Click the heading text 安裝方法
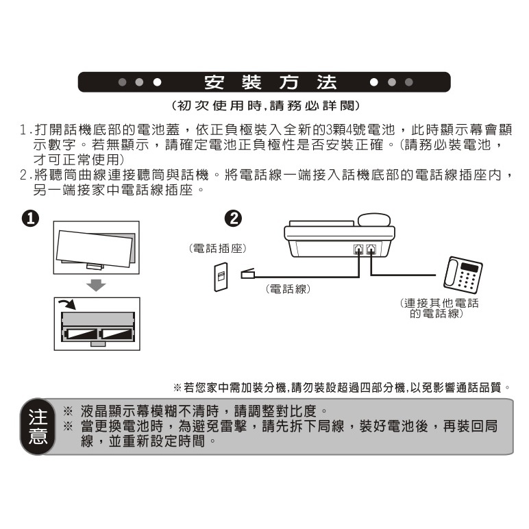click(x=270, y=82)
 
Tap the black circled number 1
click(x=30, y=219)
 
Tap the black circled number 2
click(x=233, y=219)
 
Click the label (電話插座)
click(x=218, y=249)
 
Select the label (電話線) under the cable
click(x=288, y=289)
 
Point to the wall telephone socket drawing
click(x=221, y=277)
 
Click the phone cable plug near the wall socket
click(x=247, y=273)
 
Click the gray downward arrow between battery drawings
click(x=96, y=285)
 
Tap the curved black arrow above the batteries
click(x=67, y=304)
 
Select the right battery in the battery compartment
click(x=116, y=334)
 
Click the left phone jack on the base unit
click(x=358, y=249)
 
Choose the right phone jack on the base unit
click(x=371, y=249)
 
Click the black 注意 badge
click(x=38, y=426)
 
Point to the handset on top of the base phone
click(x=374, y=219)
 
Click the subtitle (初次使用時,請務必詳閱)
click(x=265, y=106)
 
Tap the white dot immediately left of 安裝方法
click(x=157, y=82)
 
